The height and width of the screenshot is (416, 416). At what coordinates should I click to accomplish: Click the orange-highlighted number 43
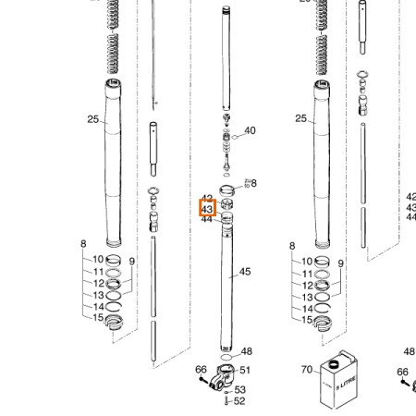click(207, 210)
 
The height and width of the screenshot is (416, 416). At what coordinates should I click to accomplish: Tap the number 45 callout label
click(245, 272)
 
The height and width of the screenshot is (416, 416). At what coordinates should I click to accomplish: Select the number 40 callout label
click(250, 131)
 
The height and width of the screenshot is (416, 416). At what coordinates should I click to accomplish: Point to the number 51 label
click(245, 371)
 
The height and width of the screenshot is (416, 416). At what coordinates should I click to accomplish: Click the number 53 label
click(240, 390)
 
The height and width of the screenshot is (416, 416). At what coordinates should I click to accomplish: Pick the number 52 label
click(240, 401)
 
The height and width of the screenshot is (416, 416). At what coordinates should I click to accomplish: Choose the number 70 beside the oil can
click(307, 369)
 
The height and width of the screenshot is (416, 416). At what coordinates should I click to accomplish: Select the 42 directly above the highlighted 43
click(207, 200)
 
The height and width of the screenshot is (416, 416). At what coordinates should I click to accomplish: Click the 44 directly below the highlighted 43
click(207, 220)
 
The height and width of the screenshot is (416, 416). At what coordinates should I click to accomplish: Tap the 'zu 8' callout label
click(251, 183)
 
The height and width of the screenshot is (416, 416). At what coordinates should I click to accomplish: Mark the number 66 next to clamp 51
click(201, 370)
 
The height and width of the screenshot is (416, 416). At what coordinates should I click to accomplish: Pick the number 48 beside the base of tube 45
click(246, 352)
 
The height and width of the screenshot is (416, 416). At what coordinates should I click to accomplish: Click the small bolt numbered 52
click(227, 401)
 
